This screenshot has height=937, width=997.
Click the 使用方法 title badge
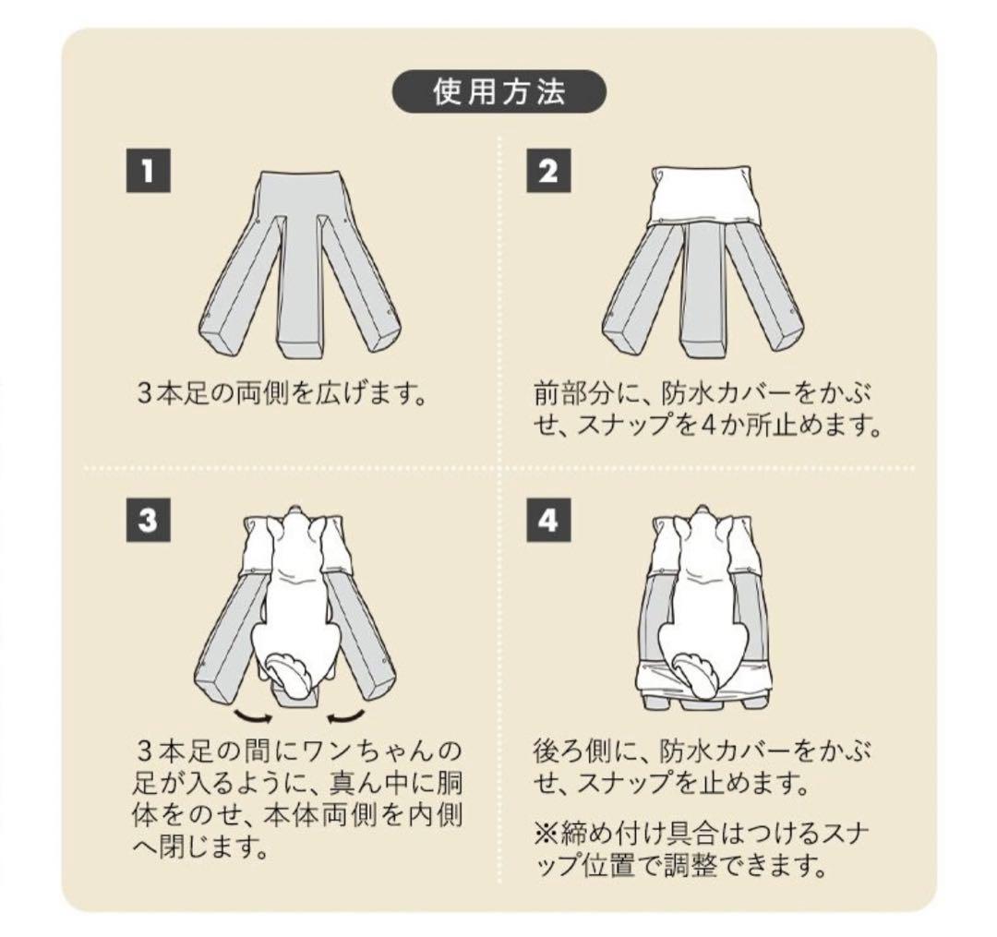pyautogui.click(x=499, y=92)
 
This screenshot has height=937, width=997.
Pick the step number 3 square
pyautogui.click(x=148, y=522)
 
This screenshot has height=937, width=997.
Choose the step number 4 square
pyautogui.click(x=548, y=522)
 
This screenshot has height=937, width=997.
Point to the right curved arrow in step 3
pyautogui.click(x=343, y=715)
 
